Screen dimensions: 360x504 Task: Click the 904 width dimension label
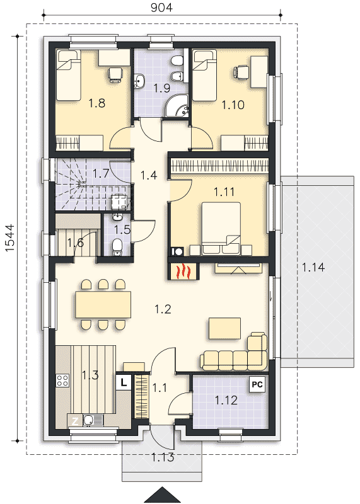(161, 7)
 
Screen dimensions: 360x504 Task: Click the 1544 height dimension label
(9, 238)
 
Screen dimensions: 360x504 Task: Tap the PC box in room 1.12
(257, 384)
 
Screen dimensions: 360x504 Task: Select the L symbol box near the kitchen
(124, 382)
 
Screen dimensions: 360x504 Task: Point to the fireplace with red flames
(183, 271)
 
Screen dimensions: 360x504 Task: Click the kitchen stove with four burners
(63, 381)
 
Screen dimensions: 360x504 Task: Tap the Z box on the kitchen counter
(75, 421)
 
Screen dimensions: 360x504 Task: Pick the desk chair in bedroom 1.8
(115, 74)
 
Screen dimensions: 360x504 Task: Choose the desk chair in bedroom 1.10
(241, 72)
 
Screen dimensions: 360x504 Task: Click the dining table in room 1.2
(103, 304)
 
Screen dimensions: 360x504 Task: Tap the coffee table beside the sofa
(225, 328)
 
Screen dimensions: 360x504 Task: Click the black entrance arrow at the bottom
(163, 495)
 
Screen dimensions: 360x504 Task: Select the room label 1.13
(163, 457)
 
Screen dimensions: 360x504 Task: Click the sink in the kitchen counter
(88, 420)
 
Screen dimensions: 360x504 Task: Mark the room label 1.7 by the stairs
(101, 174)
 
